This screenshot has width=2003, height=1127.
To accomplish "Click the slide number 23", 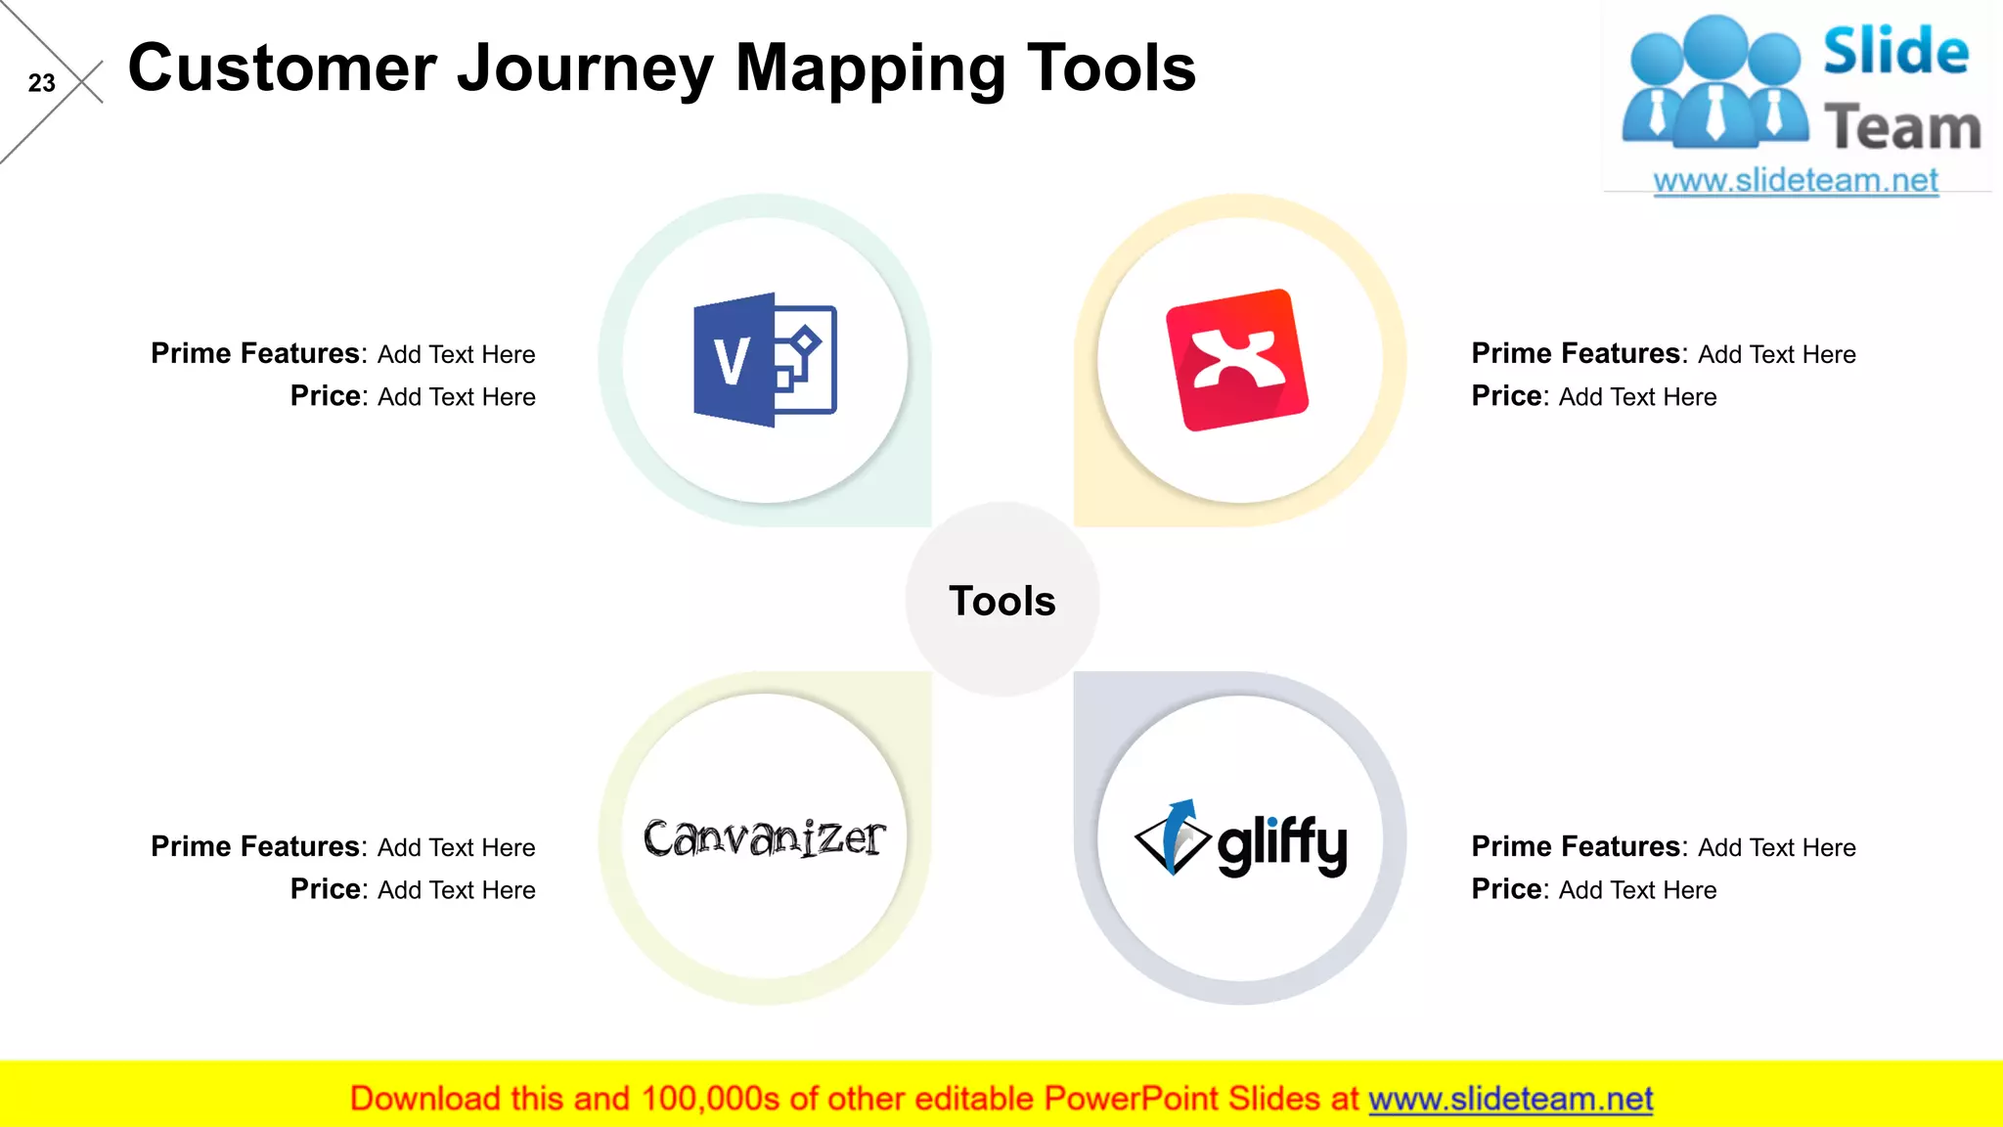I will [x=41, y=83].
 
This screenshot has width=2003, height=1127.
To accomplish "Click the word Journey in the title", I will [x=585, y=69].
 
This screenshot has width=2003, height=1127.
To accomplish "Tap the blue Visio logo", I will [x=765, y=360].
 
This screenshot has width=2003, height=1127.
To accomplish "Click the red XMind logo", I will [x=1237, y=360].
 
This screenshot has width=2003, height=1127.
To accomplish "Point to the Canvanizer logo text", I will [x=764, y=838].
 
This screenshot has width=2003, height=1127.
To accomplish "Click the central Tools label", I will [x=1002, y=601].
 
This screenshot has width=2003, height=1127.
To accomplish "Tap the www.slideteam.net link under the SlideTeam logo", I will [x=1796, y=181].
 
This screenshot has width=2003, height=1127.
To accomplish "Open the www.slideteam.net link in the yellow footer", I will [x=1510, y=1099].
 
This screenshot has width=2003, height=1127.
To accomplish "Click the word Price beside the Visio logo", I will [x=326, y=396].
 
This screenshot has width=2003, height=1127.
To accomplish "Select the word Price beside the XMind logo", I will [x=1507, y=396].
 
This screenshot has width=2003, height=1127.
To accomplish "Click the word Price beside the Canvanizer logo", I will [x=326, y=889].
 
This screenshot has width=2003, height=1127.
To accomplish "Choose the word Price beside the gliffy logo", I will [x=1507, y=889].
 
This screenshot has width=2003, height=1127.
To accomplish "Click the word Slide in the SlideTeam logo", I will [x=1895, y=52].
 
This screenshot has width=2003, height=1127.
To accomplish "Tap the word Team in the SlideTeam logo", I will [x=1902, y=128].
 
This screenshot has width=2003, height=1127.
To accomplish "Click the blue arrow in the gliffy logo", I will [x=1180, y=827].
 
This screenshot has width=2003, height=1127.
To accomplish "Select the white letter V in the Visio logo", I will [x=732, y=361].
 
